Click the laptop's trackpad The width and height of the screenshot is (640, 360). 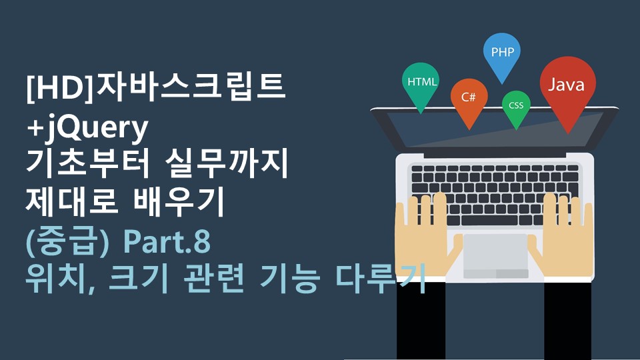pyautogui.click(x=495, y=256)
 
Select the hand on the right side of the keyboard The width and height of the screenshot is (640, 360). pyautogui.click(x=565, y=237)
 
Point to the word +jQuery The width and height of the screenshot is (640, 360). pyautogui.click(x=87, y=128)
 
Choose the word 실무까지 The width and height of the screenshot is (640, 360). pyautogui.click(x=227, y=163)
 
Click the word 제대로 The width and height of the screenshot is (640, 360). pyautogui.click(x=72, y=201)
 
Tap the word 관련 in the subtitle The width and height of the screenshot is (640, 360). pyautogui.click(x=213, y=279)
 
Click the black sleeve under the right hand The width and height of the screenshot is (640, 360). pyautogui.click(x=568, y=320)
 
